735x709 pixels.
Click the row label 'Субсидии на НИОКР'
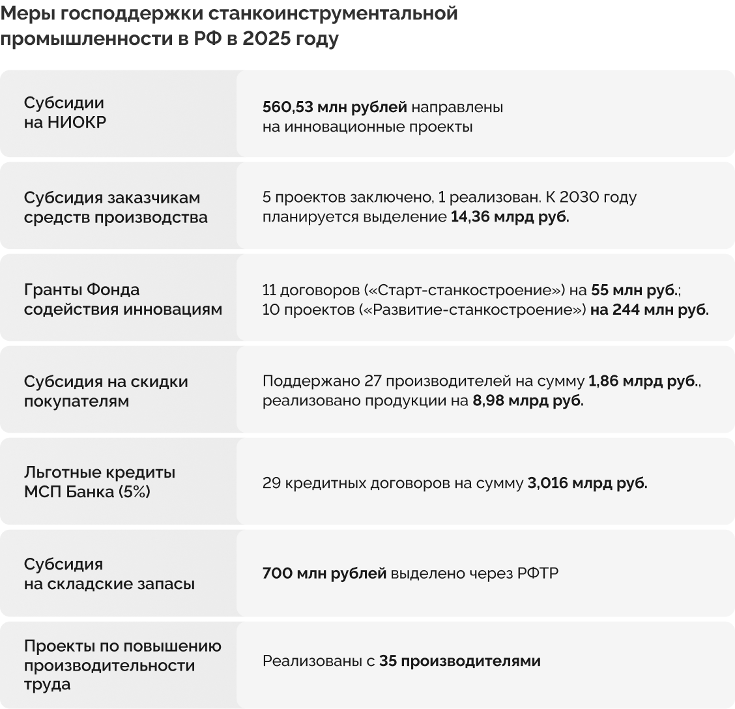tap(65, 113)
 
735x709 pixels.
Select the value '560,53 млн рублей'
tap(334, 106)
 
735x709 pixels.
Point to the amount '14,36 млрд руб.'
tap(510, 217)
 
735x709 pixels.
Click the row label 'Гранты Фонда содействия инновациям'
tap(122, 299)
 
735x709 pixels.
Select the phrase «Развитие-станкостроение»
tap(472, 310)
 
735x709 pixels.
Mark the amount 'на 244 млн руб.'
tap(649, 310)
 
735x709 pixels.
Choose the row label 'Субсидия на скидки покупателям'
tap(106, 391)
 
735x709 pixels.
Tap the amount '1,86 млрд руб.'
tap(642, 382)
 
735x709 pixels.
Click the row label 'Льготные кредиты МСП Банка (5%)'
tap(99, 482)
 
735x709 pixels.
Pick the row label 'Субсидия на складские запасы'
tap(109, 573)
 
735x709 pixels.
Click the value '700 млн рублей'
tap(324, 573)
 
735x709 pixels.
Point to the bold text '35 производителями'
tap(460, 661)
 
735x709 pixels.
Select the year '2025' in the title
tap(266, 39)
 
